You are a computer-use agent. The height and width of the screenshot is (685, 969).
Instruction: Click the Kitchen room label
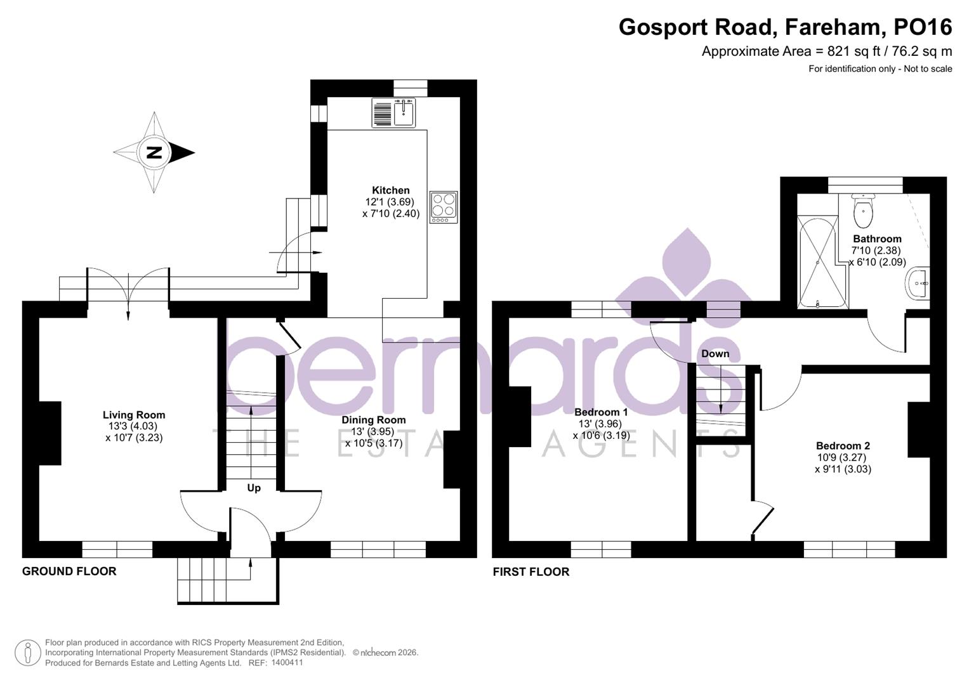pos(390,190)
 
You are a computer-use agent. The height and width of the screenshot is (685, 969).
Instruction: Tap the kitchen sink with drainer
pos(393,113)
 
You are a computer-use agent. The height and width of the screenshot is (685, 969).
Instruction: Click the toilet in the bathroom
pos(863,211)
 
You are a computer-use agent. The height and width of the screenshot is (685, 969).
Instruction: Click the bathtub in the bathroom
pos(822,261)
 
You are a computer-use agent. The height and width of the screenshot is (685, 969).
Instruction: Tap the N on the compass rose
pos(154,153)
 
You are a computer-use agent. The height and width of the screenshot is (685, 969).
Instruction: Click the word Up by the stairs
pos(253,488)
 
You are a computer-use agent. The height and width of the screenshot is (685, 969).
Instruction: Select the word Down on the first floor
pos(715,354)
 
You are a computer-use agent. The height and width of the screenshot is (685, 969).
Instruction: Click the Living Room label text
pos(134,415)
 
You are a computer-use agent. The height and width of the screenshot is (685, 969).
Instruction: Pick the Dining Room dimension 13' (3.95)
pos(373,432)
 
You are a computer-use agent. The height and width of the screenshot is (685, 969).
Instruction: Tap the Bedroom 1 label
pos(600,412)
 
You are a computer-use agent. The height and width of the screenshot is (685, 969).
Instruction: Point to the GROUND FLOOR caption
pos(69,571)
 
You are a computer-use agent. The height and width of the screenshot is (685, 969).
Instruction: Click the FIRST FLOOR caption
pos(531,572)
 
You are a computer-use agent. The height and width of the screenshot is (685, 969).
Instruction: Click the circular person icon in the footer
pos(27,653)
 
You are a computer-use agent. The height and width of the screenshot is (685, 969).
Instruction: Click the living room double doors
pos(128,292)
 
